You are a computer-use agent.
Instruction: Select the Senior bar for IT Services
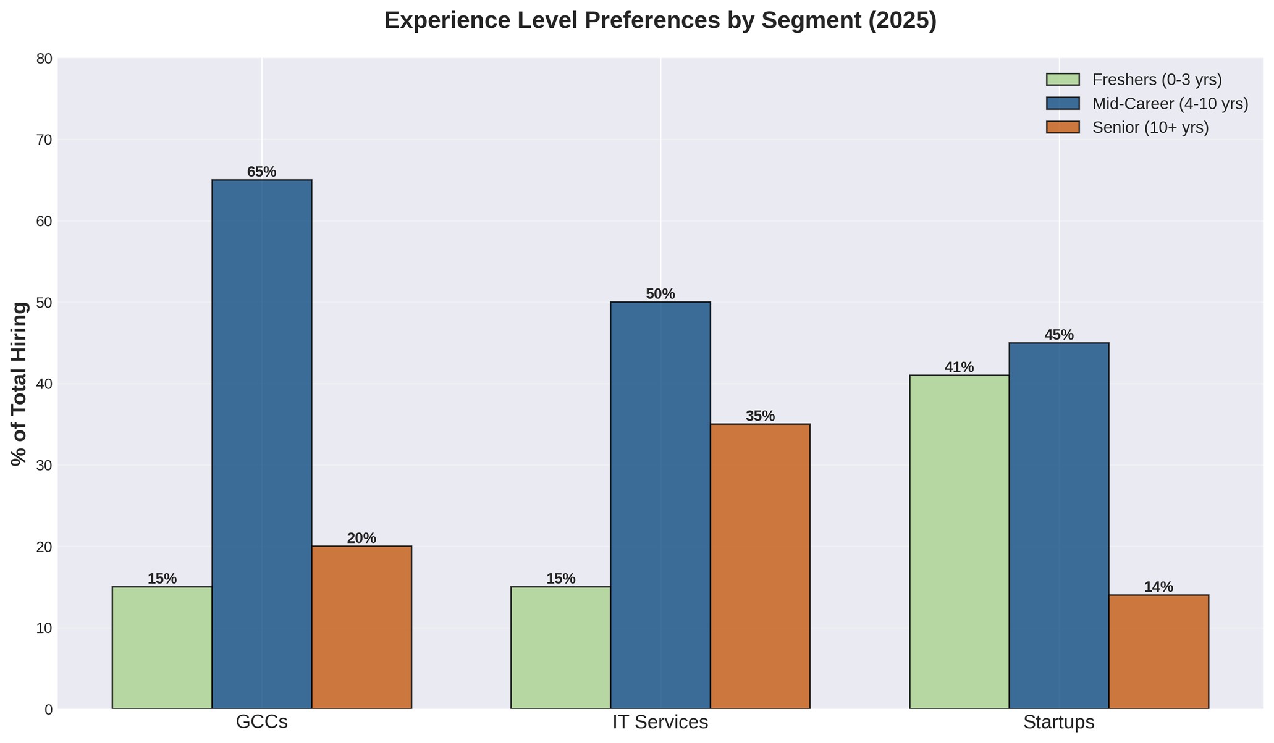tap(760, 566)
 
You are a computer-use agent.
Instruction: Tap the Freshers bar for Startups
tap(960, 542)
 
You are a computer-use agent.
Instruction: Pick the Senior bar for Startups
tap(1158, 652)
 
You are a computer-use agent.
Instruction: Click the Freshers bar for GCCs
tap(162, 647)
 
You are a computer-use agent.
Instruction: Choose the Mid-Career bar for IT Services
tap(660, 505)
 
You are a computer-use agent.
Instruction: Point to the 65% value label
tap(261, 172)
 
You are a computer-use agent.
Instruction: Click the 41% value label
tap(960, 367)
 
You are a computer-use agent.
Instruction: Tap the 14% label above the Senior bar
tap(1158, 587)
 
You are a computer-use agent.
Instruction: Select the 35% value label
tap(760, 416)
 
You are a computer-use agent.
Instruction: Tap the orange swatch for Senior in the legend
tap(1063, 127)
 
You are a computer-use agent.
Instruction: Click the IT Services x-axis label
tap(660, 722)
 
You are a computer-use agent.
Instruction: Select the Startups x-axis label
tap(1059, 722)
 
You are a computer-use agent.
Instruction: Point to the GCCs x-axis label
tap(261, 722)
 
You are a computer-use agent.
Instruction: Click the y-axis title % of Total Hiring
tap(20, 384)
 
